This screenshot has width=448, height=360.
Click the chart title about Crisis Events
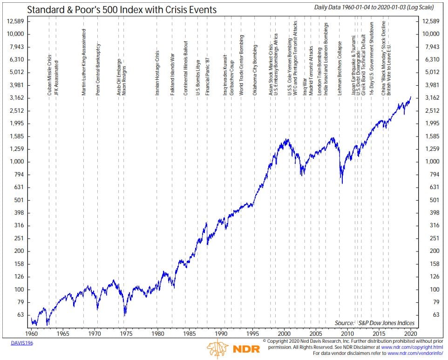point(122,9)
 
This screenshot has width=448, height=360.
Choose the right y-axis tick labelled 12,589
point(430,21)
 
